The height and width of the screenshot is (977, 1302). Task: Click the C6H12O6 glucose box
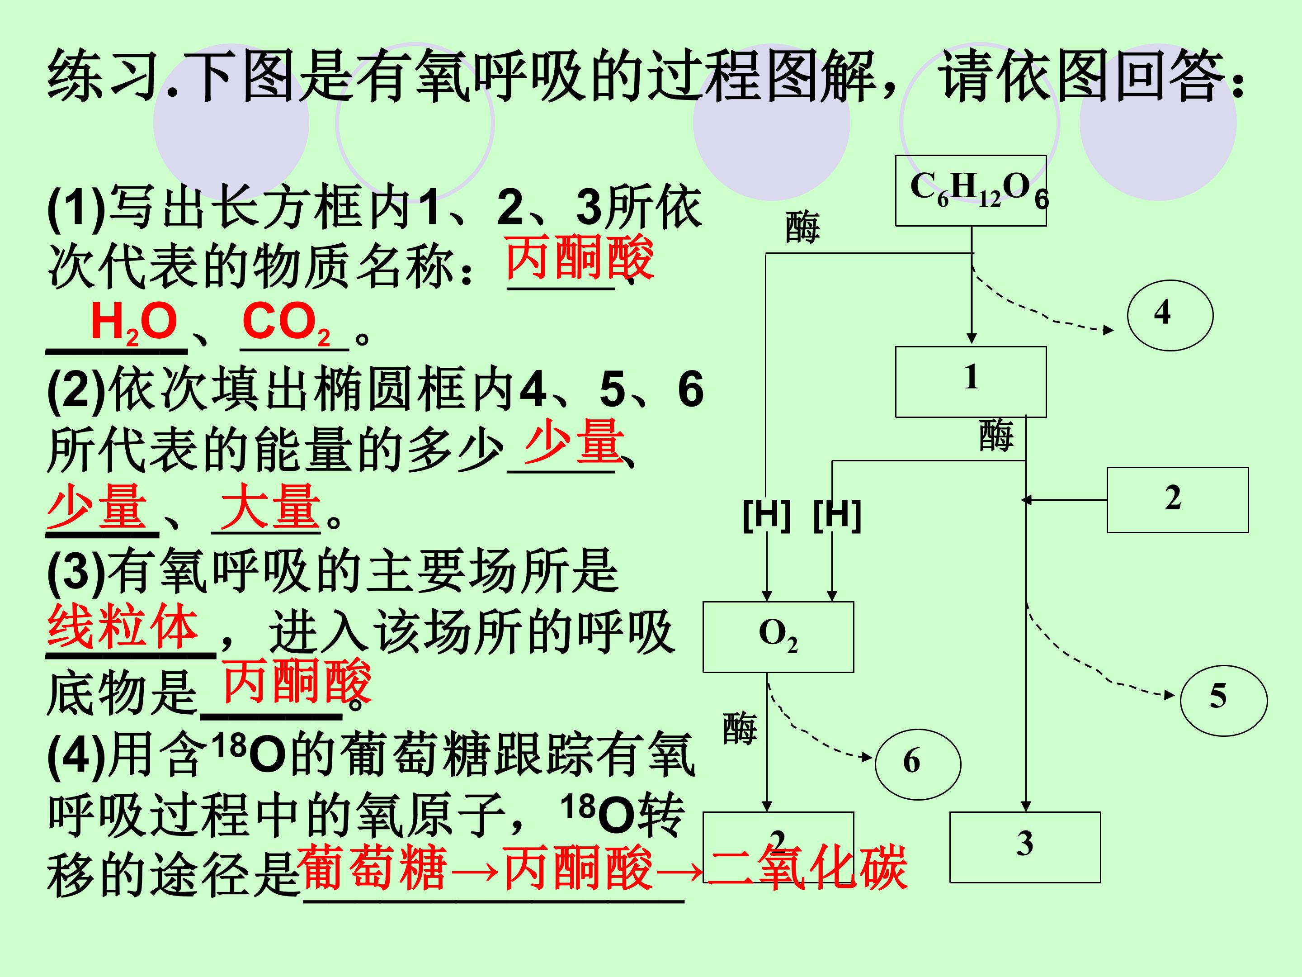click(x=971, y=190)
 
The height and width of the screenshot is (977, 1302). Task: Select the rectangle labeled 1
click(x=971, y=382)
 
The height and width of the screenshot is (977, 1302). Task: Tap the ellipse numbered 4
click(x=1170, y=315)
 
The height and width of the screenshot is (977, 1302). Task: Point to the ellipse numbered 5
click(x=1224, y=700)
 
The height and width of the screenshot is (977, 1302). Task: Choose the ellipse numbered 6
click(x=918, y=764)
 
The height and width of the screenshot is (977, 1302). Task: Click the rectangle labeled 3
click(x=1025, y=847)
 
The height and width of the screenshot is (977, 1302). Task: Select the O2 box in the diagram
click(x=778, y=636)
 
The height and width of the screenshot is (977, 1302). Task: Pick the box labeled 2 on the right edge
click(x=1177, y=499)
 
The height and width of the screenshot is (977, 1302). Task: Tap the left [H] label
click(x=766, y=515)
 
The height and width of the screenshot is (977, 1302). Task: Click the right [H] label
click(x=837, y=515)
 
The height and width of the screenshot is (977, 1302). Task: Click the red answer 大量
click(x=270, y=507)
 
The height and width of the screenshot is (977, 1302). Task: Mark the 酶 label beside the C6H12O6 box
click(x=802, y=228)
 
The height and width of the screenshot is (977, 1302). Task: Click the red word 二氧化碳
click(x=807, y=867)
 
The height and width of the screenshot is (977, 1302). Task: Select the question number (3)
click(x=76, y=572)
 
